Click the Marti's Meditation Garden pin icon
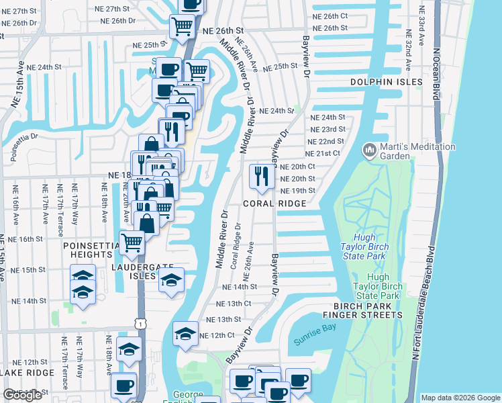(x=368, y=149)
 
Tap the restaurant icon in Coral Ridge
(x=259, y=176)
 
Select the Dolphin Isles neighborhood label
(x=387, y=82)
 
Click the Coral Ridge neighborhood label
(x=270, y=203)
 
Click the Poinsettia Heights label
(x=87, y=251)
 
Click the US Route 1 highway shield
(x=140, y=324)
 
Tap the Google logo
(x=23, y=395)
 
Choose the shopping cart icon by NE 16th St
(x=132, y=242)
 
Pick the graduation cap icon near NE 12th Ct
(x=185, y=332)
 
